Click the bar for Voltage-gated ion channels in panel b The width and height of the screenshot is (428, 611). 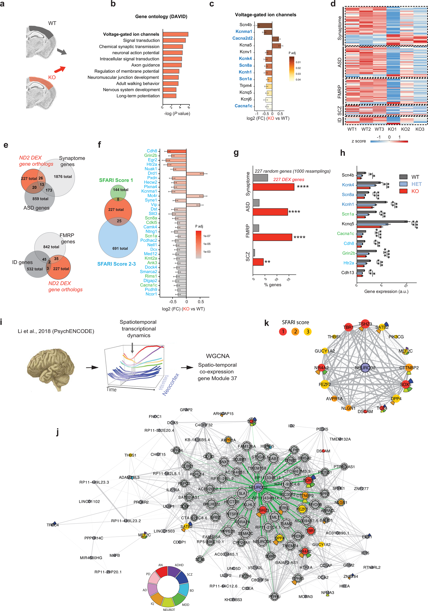(x=175, y=34)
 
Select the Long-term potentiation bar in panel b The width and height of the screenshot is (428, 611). (x=169, y=96)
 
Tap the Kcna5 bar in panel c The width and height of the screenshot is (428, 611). (x=276, y=46)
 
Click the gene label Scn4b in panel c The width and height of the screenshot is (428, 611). (x=245, y=25)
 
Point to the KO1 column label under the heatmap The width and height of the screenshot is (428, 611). (x=392, y=129)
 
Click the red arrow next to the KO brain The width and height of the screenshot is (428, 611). (x=59, y=69)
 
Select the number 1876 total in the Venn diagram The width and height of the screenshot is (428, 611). (x=63, y=176)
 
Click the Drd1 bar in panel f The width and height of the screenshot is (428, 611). (x=195, y=174)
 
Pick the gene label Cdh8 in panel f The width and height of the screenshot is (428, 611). (x=152, y=151)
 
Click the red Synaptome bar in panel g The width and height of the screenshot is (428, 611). (x=273, y=187)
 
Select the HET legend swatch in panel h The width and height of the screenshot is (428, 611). (x=403, y=184)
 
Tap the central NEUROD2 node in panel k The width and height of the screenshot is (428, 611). (x=365, y=367)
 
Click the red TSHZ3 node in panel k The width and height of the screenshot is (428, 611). (x=365, y=324)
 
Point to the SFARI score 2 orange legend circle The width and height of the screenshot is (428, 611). (x=295, y=332)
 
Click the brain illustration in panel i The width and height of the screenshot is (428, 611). (x=51, y=368)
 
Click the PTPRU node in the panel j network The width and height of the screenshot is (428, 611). (x=274, y=597)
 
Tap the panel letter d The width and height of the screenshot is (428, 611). (x=333, y=4)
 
